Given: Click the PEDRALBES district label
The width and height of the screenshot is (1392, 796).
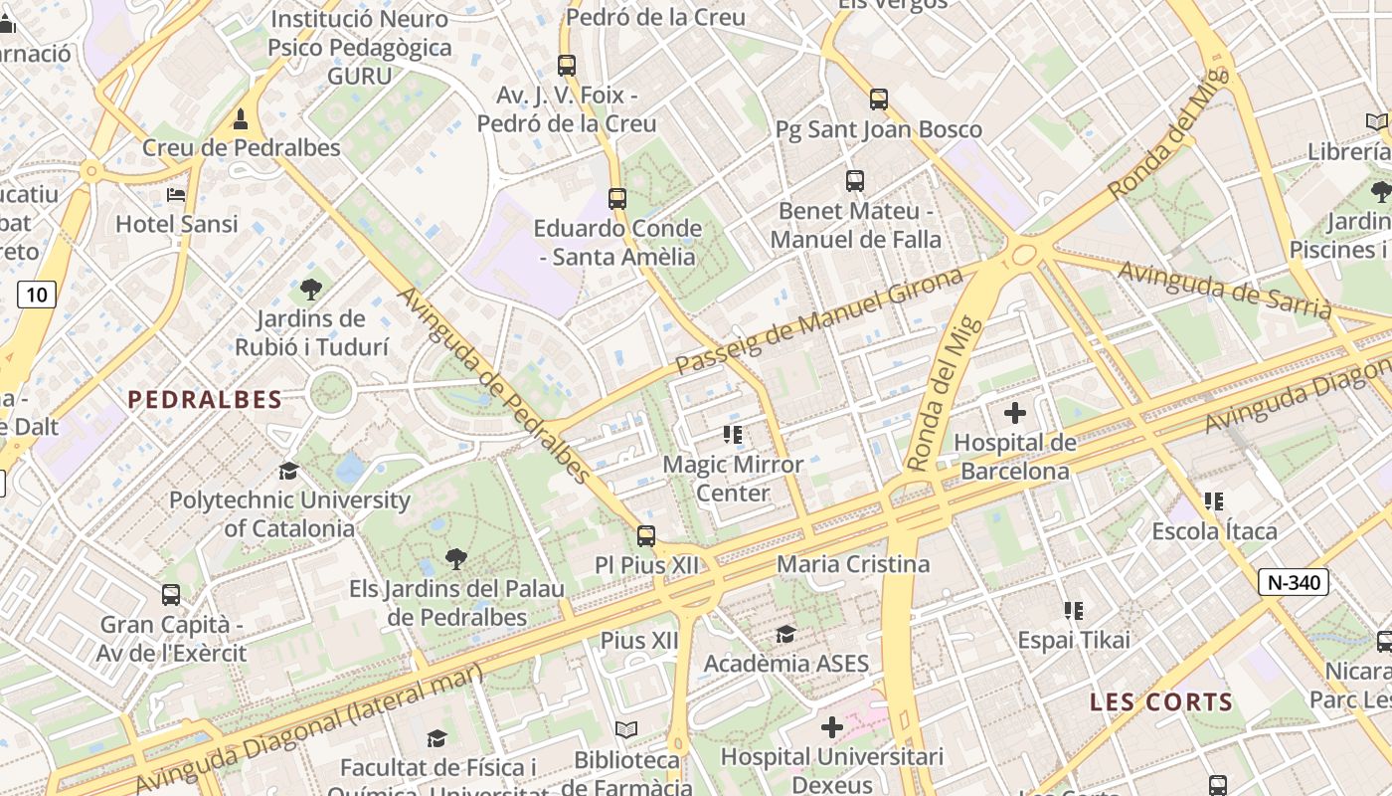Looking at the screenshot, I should coord(205,400).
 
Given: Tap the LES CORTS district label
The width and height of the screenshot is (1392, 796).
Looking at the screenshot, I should coord(1161,702).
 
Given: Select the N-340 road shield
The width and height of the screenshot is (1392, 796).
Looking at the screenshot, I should coord(1293,583).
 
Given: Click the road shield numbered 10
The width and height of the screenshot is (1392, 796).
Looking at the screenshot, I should coord(37,295).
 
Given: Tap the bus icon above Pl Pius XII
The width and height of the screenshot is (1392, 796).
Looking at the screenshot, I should coord(646,536).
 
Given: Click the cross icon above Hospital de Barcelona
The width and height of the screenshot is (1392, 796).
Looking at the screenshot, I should coord(1015,413).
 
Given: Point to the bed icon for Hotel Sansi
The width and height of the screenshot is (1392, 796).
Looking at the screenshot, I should coord(176,195).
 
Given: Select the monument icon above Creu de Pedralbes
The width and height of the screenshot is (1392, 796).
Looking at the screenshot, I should coord(240,119).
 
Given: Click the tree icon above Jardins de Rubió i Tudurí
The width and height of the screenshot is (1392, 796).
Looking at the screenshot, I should coord(310,290).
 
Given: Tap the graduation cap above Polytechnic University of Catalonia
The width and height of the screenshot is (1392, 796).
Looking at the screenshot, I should coord(288,471).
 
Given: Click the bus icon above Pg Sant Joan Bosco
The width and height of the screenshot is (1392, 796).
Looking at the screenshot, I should coord(878,99).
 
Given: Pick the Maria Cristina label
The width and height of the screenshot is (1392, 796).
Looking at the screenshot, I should coord(853,565).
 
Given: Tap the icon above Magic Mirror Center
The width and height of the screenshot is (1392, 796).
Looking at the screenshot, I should coord(733,435).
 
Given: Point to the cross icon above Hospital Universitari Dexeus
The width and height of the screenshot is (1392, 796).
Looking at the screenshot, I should coord(831,728).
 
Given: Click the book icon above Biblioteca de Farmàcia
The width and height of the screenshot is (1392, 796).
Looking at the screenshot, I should coord(625,730).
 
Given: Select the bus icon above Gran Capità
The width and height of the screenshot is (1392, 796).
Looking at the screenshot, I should coord(171,595).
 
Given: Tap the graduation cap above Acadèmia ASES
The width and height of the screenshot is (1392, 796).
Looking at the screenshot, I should coord(785,634).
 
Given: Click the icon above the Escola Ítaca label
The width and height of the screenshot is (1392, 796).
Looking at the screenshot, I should coord(1213,501).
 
